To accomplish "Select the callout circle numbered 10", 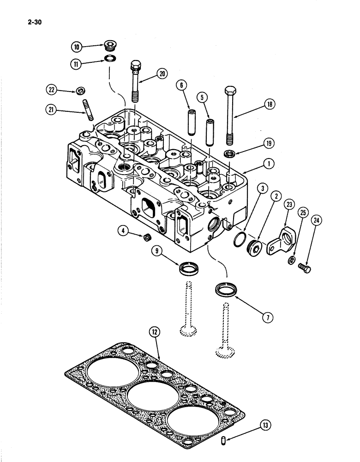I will [x=77, y=47].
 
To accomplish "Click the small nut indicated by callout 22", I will [x=81, y=89].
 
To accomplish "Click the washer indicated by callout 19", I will [x=229, y=153].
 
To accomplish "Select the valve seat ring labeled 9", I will [x=188, y=267].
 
